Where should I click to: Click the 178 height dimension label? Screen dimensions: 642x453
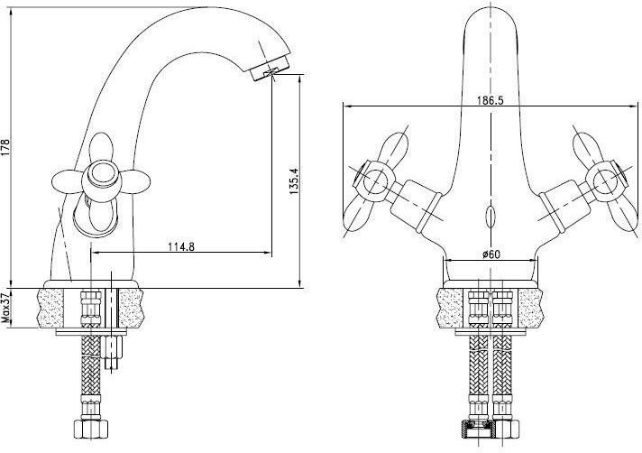pos(5,147)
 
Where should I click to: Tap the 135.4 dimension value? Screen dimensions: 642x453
pos(294,180)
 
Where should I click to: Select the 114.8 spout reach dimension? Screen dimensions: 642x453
pos(181,246)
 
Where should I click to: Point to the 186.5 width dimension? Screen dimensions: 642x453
pos(491,100)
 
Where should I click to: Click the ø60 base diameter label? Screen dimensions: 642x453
pos(491,254)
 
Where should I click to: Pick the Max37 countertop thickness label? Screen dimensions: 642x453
pos(5,308)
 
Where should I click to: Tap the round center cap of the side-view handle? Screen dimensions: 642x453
pos(100,173)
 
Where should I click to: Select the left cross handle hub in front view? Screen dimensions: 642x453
pos(374,181)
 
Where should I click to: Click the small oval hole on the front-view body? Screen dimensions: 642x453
pos(491,217)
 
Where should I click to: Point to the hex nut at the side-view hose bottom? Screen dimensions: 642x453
pos(92,429)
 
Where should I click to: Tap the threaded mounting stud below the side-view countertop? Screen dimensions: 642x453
pos(112,352)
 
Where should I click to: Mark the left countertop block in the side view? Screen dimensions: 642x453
pos(50,308)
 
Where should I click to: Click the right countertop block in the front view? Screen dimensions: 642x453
pos(531,308)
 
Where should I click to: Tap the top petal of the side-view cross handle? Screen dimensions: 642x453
pos(100,147)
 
